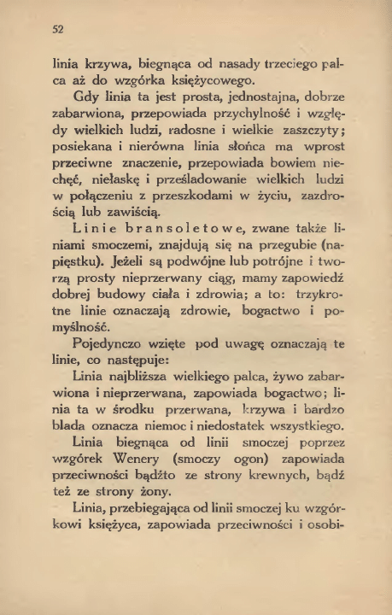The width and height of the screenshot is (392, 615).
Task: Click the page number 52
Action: point(58,28)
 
